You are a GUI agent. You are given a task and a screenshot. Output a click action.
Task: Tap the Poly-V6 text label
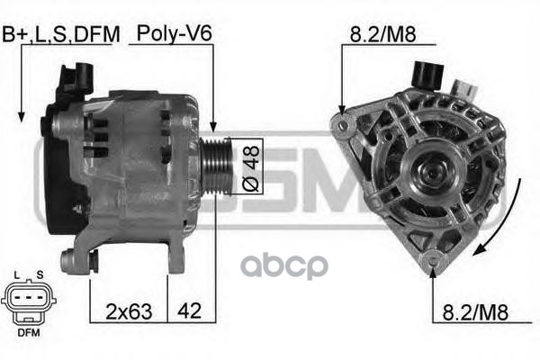(x=175, y=33)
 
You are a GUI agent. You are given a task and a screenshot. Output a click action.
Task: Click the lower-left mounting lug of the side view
(x=68, y=262)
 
